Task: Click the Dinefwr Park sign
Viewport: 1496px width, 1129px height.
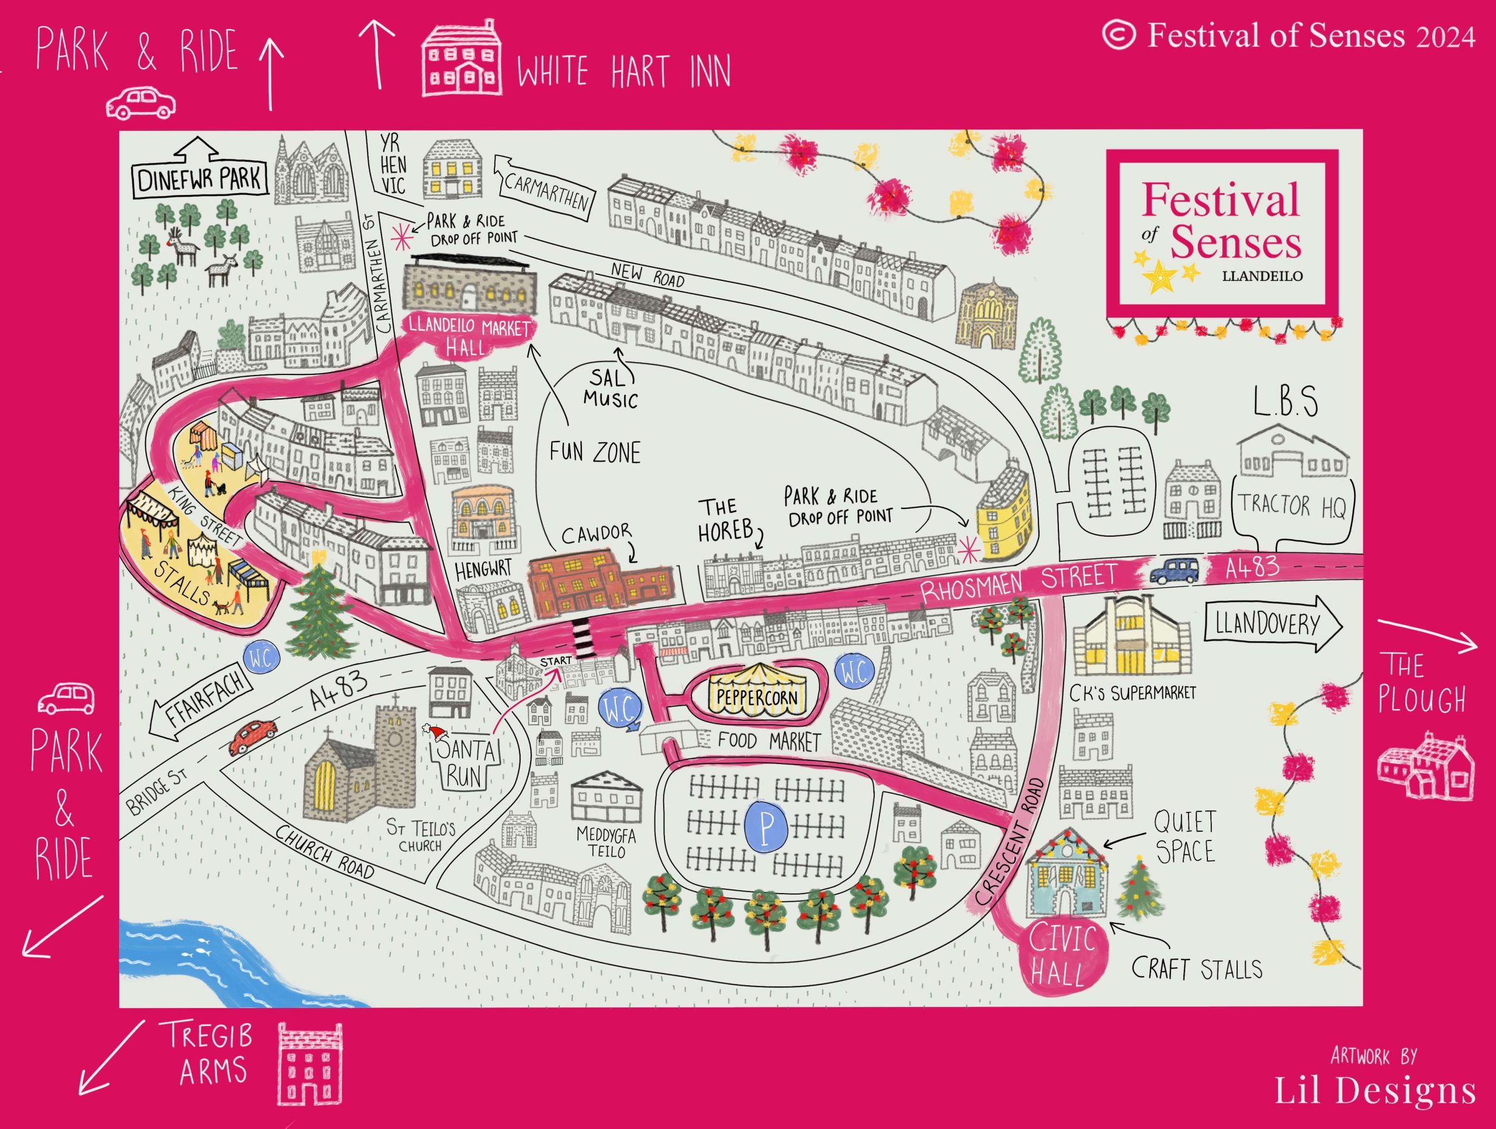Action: pos(199,179)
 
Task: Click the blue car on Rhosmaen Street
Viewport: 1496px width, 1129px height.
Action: pos(1174,571)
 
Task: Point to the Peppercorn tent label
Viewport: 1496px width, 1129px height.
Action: pos(757,697)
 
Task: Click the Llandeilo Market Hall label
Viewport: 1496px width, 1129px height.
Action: pos(468,336)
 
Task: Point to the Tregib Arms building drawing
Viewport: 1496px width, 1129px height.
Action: pos(309,1064)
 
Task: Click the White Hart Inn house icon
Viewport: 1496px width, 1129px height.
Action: pos(462,59)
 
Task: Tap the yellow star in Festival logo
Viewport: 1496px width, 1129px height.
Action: pos(1160,276)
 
